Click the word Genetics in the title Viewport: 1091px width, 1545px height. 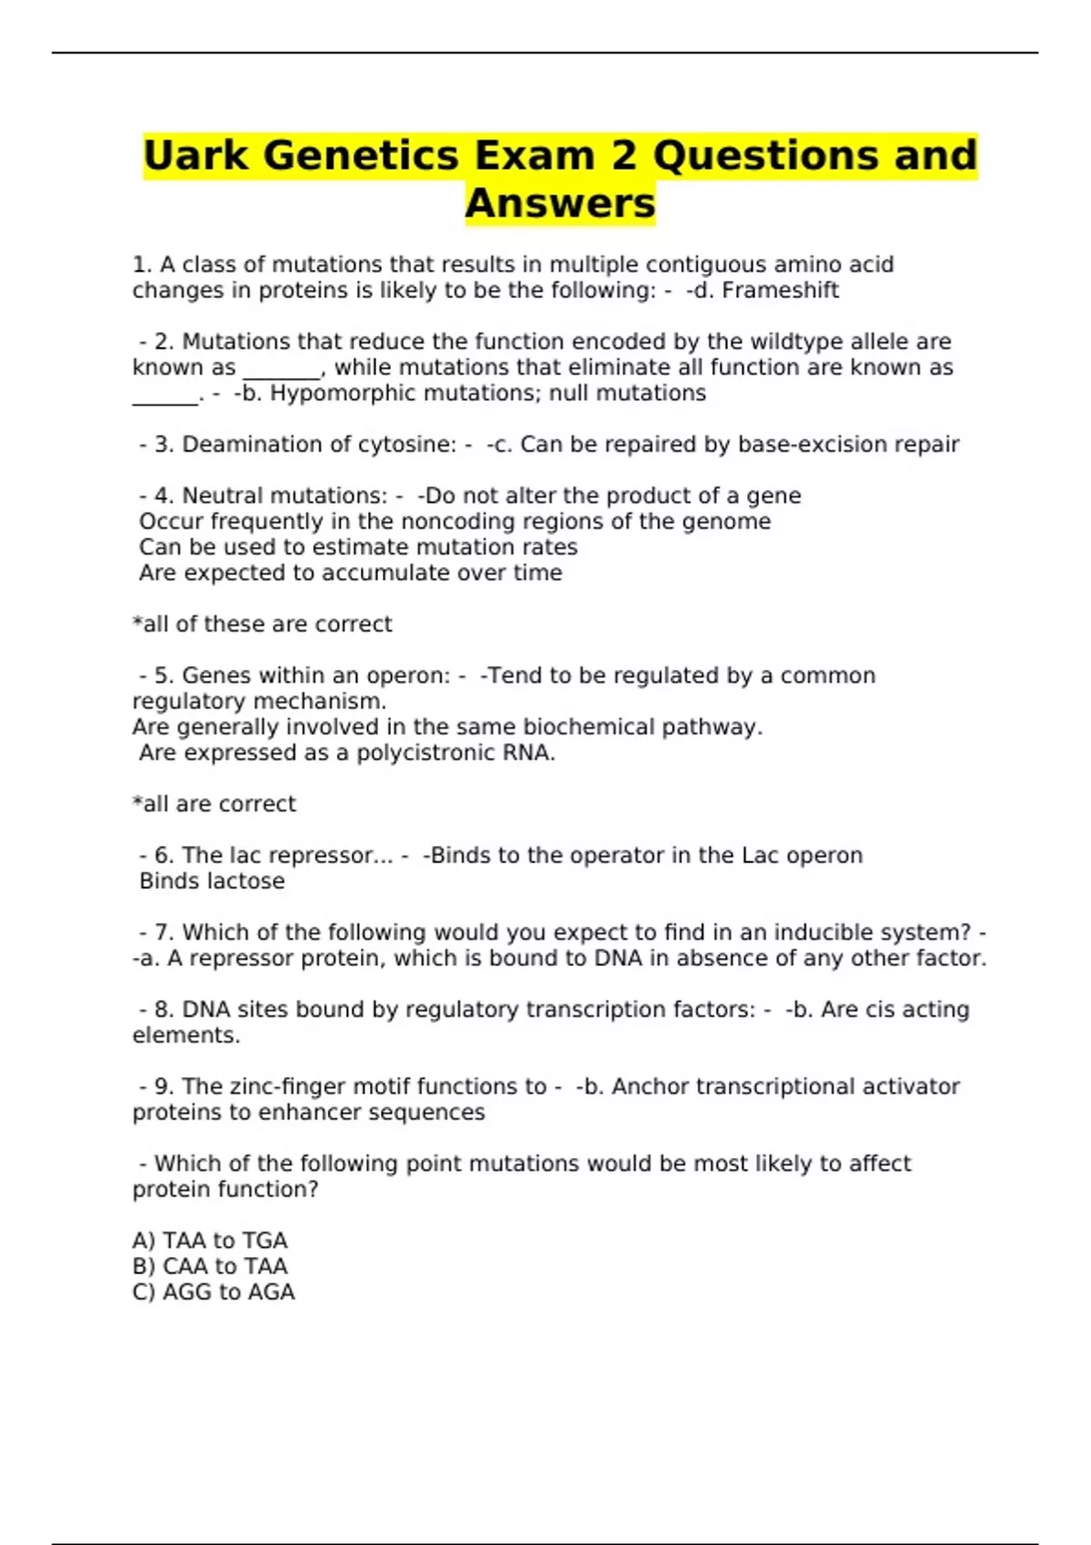point(362,155)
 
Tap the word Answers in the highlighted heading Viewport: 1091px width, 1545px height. point(560,204)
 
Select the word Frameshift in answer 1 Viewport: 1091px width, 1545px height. point(780,291)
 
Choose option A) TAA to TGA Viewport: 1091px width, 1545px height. point(210,1241)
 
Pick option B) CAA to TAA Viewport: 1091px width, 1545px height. point(210,1266)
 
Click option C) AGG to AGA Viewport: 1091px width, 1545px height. point(214,1292)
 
